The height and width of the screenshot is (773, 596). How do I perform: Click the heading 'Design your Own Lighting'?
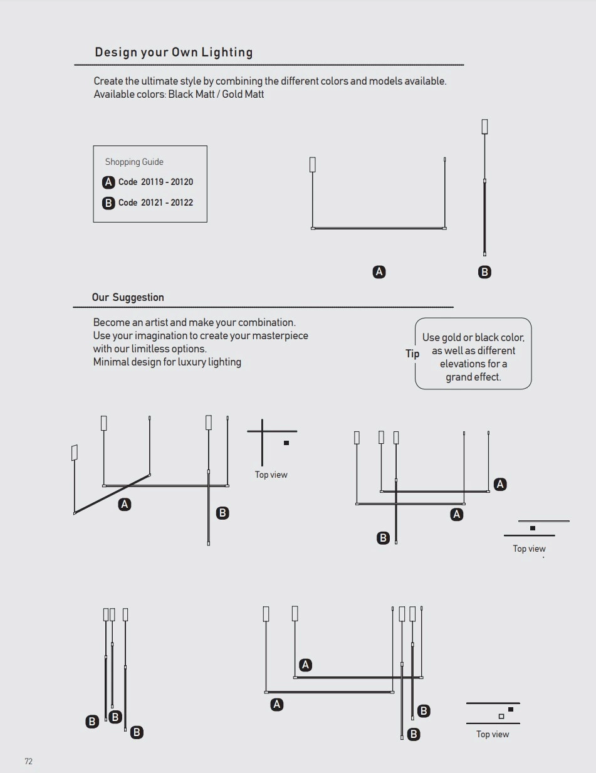click(174, 52)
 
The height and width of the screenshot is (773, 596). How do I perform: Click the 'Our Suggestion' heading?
click(128, 297)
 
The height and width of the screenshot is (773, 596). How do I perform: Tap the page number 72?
click(28, 761)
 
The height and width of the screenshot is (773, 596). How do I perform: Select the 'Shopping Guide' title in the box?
click(134, 162)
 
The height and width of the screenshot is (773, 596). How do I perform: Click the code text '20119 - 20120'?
click(167, 182)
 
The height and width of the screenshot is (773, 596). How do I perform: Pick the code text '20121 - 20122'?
click(167, 202)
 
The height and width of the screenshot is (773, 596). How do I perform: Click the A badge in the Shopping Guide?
click(108, 182)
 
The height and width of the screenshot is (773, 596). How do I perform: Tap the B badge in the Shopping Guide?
click(108, 203)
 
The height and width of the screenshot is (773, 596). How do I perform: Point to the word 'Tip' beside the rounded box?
click(412, 354)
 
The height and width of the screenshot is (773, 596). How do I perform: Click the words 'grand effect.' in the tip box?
click(473, 377)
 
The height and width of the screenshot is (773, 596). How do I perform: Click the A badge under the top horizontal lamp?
click(379, 272)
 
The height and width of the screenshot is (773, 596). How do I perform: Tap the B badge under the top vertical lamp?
click(484, 272)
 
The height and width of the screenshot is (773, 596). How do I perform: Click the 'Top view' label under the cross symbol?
click(271, 475)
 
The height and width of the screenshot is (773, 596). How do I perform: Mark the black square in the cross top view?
click(286, 443)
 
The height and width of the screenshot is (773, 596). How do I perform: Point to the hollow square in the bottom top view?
click(501, 717)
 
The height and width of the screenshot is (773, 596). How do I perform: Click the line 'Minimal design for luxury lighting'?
click(167, 362)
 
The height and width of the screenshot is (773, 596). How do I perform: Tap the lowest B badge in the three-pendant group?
click(137, 732)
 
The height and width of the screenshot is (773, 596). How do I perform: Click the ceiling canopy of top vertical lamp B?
click(484, 126)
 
